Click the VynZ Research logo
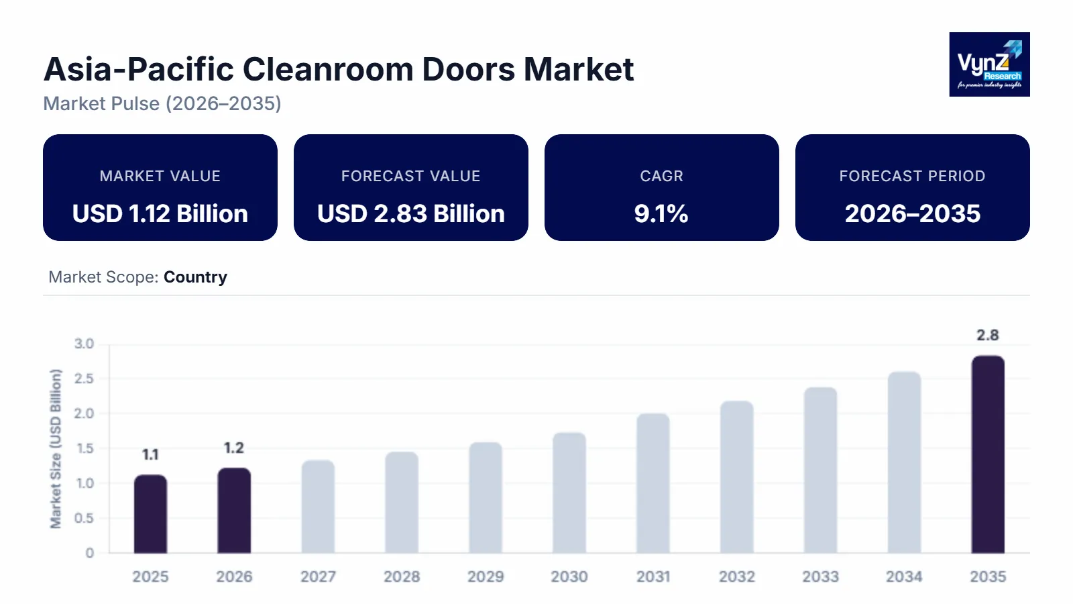(989, 64)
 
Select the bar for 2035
(988, 454)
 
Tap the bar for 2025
(150, 514)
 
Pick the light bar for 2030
(569, 493)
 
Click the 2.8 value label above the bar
(988, 335)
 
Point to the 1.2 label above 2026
(234, 448)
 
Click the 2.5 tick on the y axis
(84, 379)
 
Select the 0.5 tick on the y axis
(84, 518)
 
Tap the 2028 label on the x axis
(402, 576)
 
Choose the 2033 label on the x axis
(820, 576)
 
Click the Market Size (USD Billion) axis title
(56, 448)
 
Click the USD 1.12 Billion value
(160, 213)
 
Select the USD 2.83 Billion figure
(411, 213)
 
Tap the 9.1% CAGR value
(661, 213)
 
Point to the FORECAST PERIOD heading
(912, 176)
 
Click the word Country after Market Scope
(195, 277)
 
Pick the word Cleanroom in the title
(328, 69)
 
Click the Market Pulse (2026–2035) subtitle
(162, 103)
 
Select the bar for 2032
(737, 477)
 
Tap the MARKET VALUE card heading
(160, 176)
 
